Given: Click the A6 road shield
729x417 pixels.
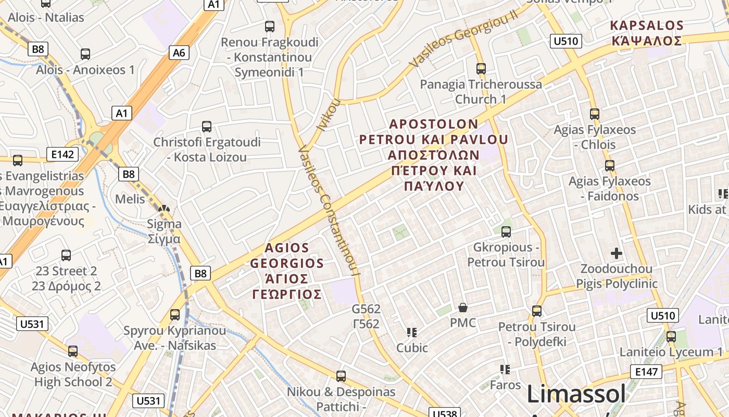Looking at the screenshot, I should click(x=179, y=53).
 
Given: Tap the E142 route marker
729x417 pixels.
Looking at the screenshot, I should click(x=62, y=154).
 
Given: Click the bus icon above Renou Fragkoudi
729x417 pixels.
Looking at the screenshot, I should click(x=270, y=27).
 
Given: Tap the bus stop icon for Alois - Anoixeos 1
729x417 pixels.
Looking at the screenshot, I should click(x=85, y=54).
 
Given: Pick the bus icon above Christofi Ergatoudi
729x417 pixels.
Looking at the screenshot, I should click(x=207, y=126).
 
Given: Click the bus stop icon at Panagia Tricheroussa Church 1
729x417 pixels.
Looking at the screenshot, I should click(x=481, y=68).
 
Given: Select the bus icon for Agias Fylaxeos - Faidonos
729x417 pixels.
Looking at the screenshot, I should click(x=609, y=166).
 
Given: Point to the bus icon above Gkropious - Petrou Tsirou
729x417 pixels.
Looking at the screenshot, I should click(x=506, y=232).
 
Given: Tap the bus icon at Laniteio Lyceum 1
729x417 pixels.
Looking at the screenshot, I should click(x=671, y=337).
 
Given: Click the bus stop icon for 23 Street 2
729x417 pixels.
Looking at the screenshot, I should click(x=66, y=255).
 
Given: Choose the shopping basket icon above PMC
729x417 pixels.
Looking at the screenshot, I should click(x=462, y=308).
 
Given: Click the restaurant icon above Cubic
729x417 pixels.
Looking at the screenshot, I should click(x=412, y=332).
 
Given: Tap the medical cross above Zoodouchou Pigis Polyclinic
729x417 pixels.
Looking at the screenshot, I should click(x=617, y=254).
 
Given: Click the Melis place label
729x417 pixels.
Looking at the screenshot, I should click(x=130, y=199).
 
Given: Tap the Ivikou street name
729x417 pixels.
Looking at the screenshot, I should click(x=327, y=114).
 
